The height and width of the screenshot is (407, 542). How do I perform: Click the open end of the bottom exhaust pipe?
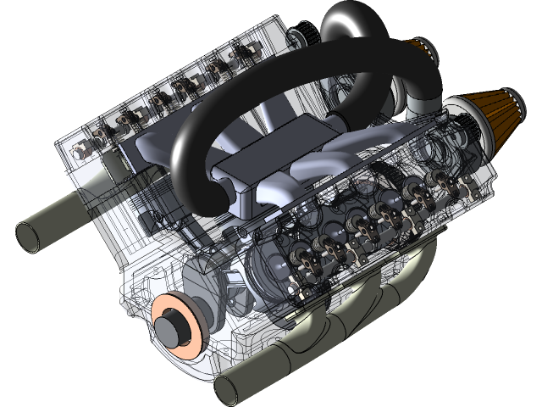coord(228,389)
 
